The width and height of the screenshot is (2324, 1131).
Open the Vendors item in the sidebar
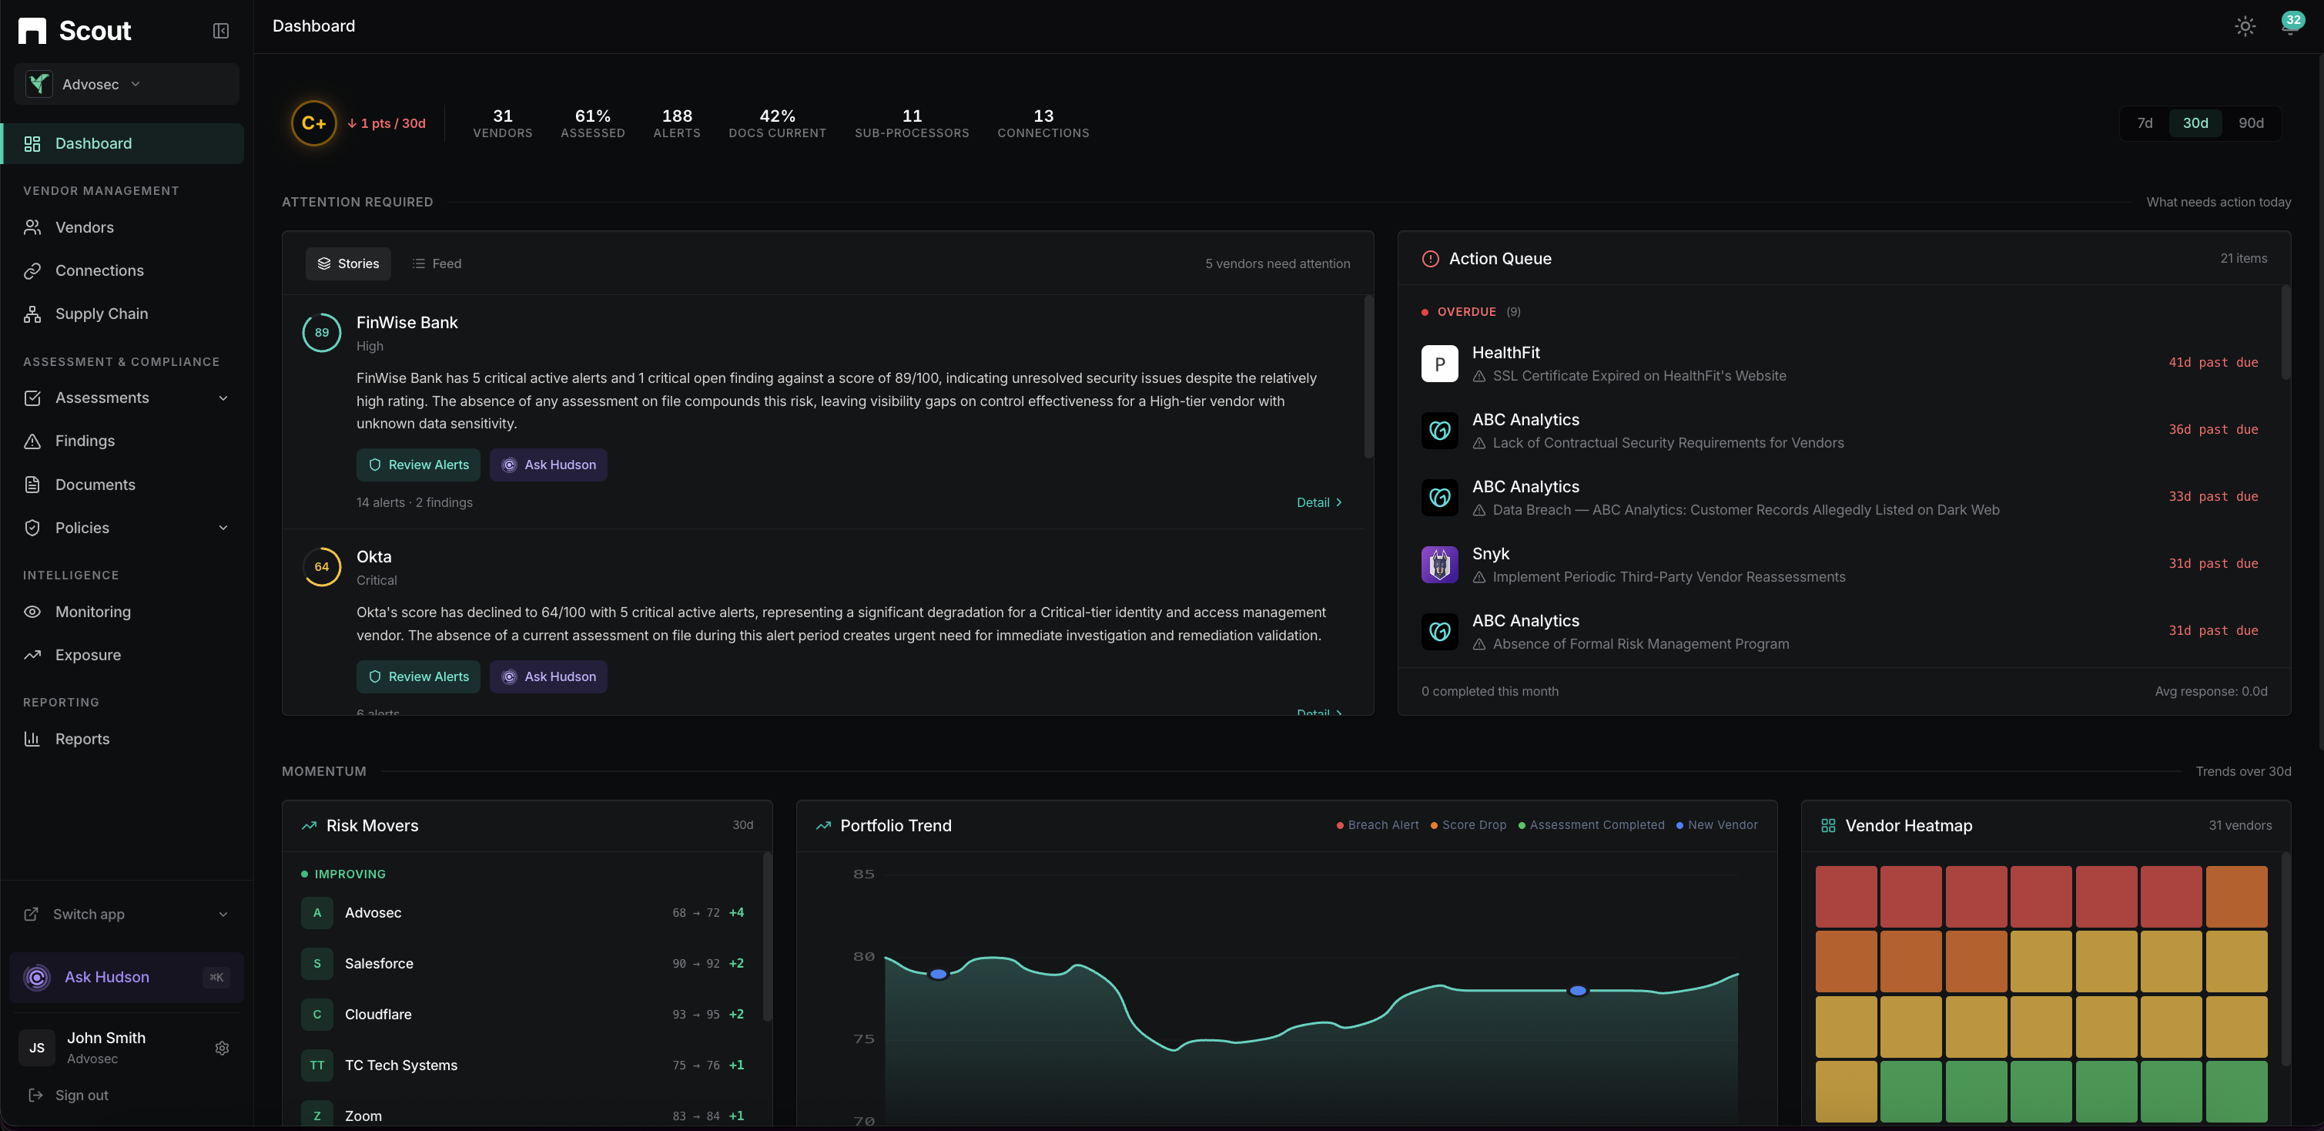84,227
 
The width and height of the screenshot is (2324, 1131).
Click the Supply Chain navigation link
101,314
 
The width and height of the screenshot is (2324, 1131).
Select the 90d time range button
2250,122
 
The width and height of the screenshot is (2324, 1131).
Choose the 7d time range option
2145,122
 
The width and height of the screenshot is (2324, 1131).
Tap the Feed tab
437,263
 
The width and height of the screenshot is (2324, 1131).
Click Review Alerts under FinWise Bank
419,465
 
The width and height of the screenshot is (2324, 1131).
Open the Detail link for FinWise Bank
1319,503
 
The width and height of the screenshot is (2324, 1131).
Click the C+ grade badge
313,124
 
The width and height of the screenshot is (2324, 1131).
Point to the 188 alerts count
677,122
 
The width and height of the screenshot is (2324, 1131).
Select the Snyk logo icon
1439,565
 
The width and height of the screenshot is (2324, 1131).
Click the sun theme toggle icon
2245,26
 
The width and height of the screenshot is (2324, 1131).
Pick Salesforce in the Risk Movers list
379,964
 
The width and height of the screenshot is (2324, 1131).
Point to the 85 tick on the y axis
863,874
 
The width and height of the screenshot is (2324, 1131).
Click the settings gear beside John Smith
222,1048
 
